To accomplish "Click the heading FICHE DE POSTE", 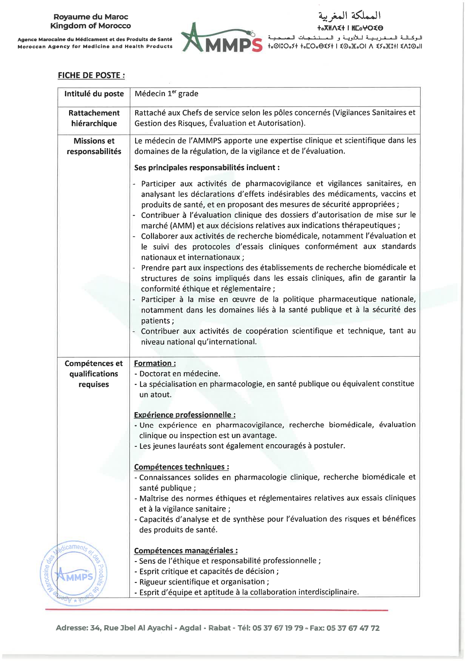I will pos(91,75).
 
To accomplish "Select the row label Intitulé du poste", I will pos(94,94).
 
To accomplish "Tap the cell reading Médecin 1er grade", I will pos(166,94).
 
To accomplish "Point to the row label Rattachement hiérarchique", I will pos(94,118).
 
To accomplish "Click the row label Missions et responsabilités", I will pos(94,146).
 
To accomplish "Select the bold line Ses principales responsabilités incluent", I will pos(207,167).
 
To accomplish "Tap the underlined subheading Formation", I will pos(155,363).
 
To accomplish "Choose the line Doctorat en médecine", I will pos(180,374).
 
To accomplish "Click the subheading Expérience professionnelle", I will pos(185,415).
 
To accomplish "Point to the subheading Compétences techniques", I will pos(181,467).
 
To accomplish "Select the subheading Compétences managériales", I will pos(186,551).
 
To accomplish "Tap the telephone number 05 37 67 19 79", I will pos(278,628).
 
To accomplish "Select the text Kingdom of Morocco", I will pos(91,26).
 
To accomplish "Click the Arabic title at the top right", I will pos(349,16).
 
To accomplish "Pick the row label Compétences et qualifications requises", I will pos(94,374).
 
